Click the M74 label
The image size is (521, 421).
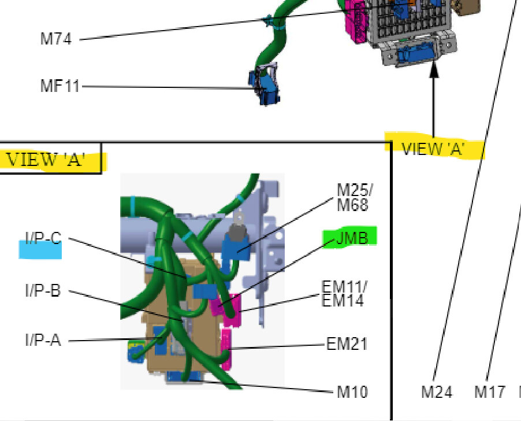(56, 39)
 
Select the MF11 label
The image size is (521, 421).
(60, 86)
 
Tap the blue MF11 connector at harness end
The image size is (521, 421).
(264, 85)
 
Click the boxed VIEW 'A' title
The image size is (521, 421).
(46, 159)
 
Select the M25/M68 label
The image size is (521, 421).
(355, 197)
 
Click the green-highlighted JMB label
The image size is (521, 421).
(352, 238)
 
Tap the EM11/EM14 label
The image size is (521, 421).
(344, 293)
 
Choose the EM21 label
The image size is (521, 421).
(347, 344)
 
